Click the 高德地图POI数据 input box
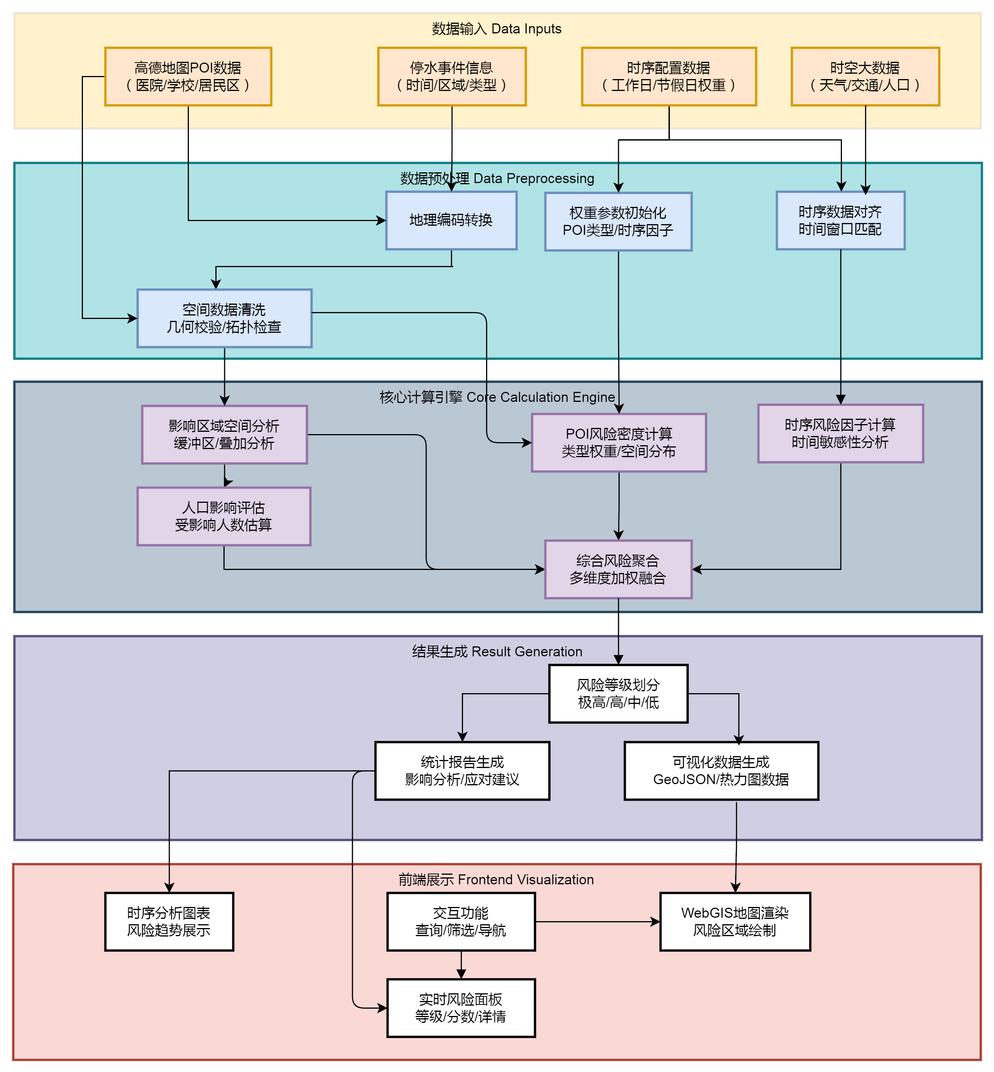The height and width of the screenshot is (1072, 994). click(188, 76)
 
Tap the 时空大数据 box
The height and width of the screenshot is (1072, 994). click(865, 76)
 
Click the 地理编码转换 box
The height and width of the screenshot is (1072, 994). click(451, 220)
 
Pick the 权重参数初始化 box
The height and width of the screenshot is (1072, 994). click(618, 221)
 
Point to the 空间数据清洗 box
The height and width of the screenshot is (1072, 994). click(224, 318)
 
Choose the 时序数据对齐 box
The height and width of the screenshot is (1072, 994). click(840, 220)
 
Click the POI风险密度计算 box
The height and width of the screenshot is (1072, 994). click(619, 443)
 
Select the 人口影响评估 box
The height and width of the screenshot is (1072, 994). click(224, 516)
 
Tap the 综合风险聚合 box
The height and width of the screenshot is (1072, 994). click(618, 569)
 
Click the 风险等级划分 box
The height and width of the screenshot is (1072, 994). click(618, 694)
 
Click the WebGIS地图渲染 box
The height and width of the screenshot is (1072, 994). click(735, 922)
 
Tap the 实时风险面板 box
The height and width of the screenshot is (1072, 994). click(461, 1008)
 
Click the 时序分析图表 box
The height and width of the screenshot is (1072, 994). click(169, 922)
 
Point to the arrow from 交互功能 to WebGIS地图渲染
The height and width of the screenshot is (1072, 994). click(597, 922)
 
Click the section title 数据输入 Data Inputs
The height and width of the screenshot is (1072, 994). click(496, 28)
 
